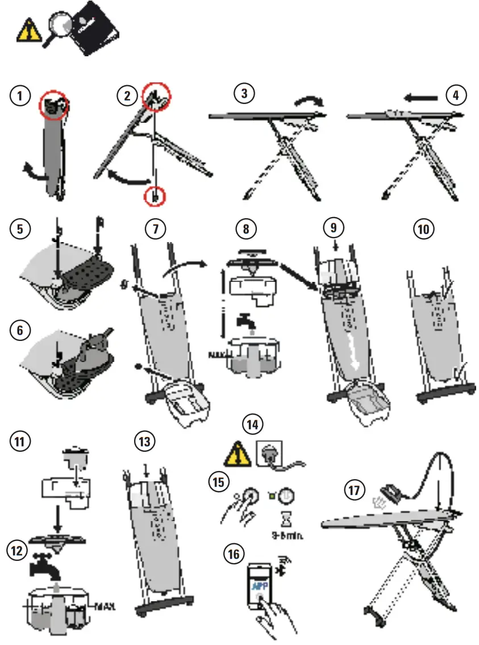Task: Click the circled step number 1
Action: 21,95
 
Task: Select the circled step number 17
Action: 356,490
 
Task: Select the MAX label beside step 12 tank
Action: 103,605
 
